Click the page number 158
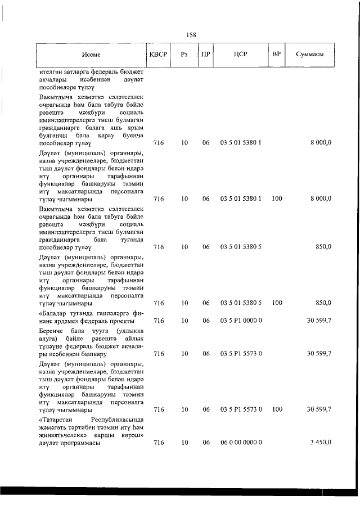pyautogui.click(x=191, y=35)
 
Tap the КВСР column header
pyautogui.click(x=158, y=55)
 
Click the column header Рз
pyautogui.click(x=184, y=55)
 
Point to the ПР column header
pyautogui.click(x=206, y=55)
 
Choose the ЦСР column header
pyautogui.click(x=241, y=55)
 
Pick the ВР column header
pyautogui.click(x=276, y=55)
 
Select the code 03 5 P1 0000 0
pyautogui.click(x=241, y=321)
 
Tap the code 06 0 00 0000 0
pyautogui.click(x=241, y=443)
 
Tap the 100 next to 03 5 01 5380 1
pyautogui.click(x=276, y=199)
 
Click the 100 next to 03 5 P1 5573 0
pyautogui.click(x=276, y=410)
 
